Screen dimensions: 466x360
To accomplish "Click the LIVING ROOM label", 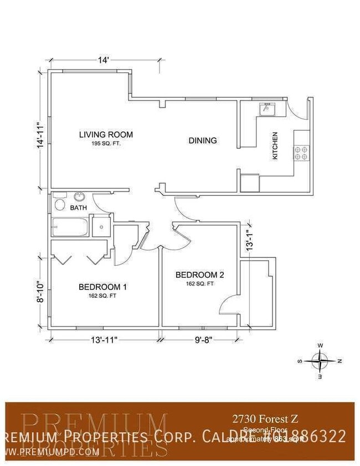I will coord(106,134).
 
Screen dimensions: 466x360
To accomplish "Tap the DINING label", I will coord(203,141).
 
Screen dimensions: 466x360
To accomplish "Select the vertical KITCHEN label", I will coord(275,146).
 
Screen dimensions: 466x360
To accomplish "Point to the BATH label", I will coord(78,208).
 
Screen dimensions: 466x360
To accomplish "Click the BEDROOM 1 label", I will coord(103,287).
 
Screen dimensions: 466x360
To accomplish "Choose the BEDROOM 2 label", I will coord(199,275).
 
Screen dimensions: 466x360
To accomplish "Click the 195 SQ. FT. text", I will coord(106,143).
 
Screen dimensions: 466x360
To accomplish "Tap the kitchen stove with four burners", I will coord(301,153).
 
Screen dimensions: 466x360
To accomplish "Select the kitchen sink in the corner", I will coord(268,108).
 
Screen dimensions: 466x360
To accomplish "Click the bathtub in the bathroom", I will coord(71,227).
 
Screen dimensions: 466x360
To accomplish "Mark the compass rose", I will coord(320,361).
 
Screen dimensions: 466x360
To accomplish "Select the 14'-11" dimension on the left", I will coord(39,134).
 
